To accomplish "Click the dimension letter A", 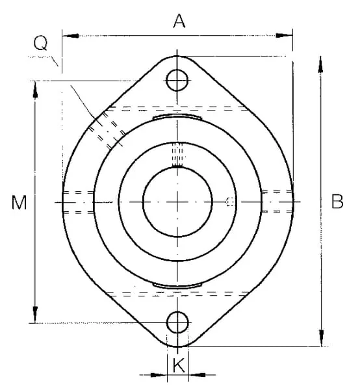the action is (179, 21).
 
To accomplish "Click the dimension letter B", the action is (337, 201).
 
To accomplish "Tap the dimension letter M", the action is (19, 202).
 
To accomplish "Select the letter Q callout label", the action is (40, 44).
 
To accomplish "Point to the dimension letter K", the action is (179, 365).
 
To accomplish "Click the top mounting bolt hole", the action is (177, 81).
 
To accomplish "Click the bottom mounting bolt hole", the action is (177, 322).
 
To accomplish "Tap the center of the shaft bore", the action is (177, 201).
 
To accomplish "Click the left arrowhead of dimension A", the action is (70, 36).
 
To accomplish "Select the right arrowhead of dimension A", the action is (284, 36).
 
